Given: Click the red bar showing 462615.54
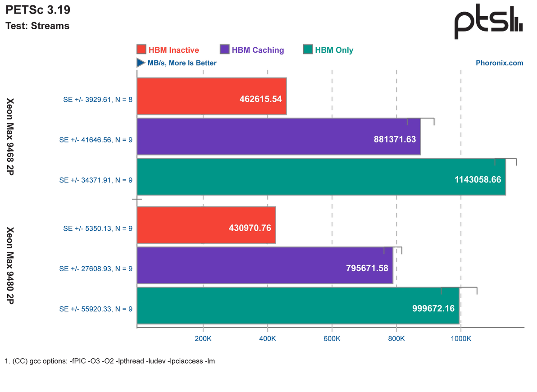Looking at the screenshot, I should pyautogui.click(x=211, y=96).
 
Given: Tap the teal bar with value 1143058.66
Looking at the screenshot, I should pyautogui.click(x=321, y=177).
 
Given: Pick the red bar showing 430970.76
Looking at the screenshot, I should pyautogui.click(x=206, y=225).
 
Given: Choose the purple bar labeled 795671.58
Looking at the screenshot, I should pyautogui.click(x=265, y=266).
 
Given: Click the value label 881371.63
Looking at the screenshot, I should pyautogui.click(x=395, y=140).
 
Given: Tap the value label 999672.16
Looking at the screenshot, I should pyautogui.click(x=433, y=309).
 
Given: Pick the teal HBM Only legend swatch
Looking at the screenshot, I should pyautogui.click(x=308, y=50).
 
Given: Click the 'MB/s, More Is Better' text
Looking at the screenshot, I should pyautogui.click(x=182, y=64).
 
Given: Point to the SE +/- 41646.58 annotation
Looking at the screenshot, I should pyautogui.click(x=96, y=140).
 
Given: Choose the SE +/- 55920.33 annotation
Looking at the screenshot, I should pyautogui.click(x=96, y=309).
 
